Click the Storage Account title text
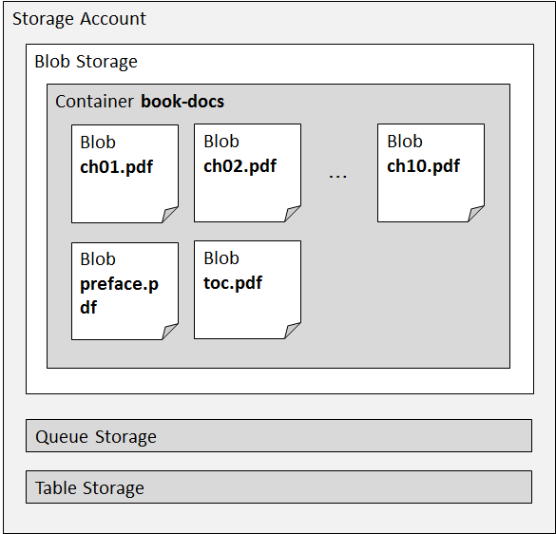click(79, 19)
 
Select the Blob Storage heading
click(86, 62)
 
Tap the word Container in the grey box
click(95, 101)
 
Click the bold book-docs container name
click(182, 101)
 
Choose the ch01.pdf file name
click(116, 167)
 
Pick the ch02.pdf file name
click(240, 166)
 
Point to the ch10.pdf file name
click(423, 166)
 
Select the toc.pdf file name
click(233, 283)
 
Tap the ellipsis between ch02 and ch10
click(337, 175)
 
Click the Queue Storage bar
click(278, 436)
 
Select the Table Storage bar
click(278, 487)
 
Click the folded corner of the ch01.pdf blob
click(171, 216)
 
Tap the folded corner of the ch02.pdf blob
click(294, 215)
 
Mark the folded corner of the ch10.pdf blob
click(477, 215)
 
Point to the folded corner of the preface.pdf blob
click(171, 333)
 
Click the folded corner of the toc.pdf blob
click(294, 332)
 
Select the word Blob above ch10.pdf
click(405, 142)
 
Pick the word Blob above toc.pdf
click(221, 258)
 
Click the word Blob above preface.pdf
click(98, 259)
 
